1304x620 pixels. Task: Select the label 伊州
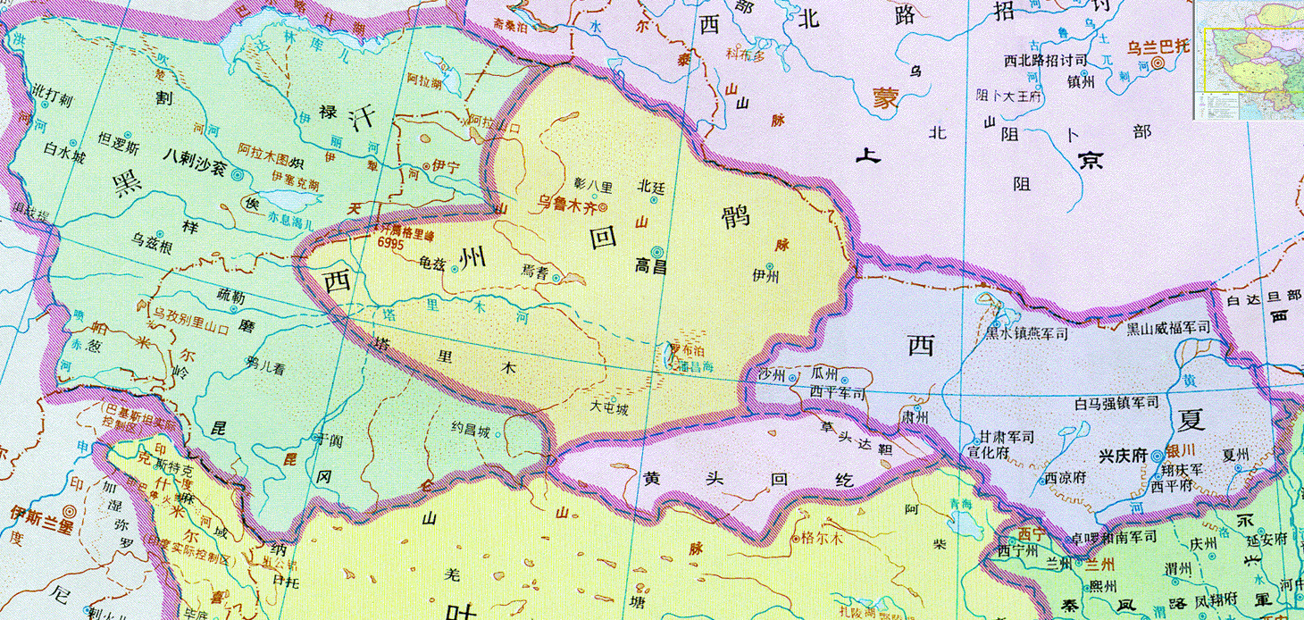(x=765, y=277)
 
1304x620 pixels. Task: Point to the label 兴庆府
(x=1122, y=455)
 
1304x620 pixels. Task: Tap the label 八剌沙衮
(x=195, y=175)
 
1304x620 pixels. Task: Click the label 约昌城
(x=470, y=431)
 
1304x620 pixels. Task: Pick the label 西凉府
(x=1064, y=476)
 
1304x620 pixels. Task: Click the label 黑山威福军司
(x=1166, y=328)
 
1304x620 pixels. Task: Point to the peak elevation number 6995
(x=390, y=241)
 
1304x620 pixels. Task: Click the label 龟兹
(x=431, y=264)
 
